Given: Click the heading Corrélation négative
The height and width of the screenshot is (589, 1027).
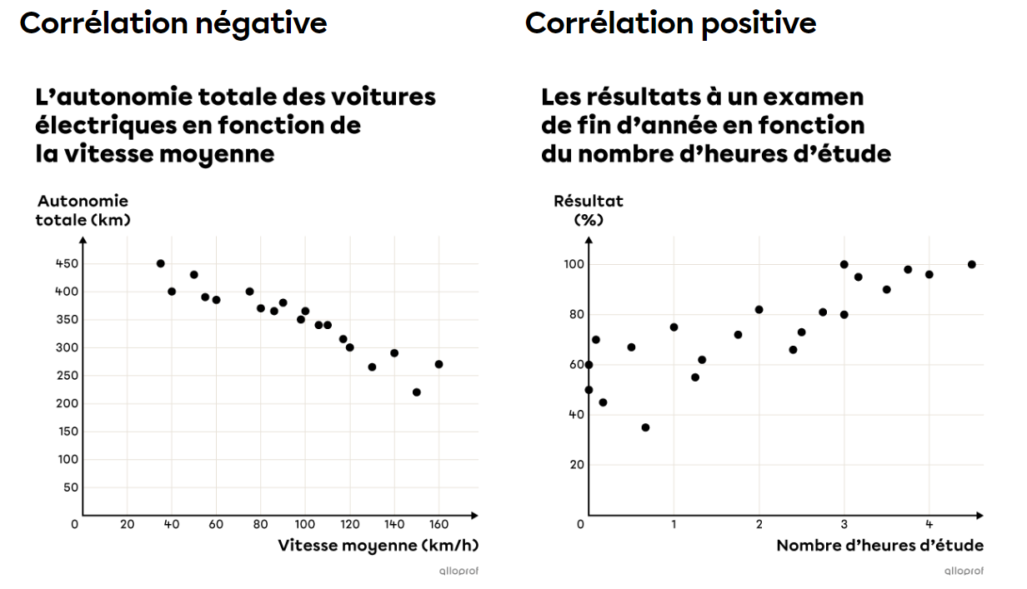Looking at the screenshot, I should point(173,23).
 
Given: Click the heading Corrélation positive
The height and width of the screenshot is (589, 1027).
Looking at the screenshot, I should point(670,23).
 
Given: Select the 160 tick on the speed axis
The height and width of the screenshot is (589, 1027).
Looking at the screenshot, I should point(438,524).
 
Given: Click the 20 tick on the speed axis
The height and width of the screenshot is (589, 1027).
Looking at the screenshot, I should point(127,524).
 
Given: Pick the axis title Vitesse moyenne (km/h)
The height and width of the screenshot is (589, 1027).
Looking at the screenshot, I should point(378,546).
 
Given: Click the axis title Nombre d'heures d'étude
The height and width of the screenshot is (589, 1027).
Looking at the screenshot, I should point(879,546).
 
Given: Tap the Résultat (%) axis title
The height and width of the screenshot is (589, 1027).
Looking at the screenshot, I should point(589,210).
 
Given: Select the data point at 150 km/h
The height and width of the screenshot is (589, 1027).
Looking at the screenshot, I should point(417,392).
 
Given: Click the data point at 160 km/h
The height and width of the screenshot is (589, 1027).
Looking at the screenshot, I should point(438,364).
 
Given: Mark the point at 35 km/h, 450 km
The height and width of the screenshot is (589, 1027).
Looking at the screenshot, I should point(161,263).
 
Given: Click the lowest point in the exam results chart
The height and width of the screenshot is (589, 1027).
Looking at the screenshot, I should point(645,427).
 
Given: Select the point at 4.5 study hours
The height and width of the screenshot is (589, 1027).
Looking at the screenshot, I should point(971,264).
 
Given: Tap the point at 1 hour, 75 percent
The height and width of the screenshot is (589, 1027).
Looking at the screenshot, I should point(674,327).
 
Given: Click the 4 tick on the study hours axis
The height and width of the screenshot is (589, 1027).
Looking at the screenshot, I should point(929,524).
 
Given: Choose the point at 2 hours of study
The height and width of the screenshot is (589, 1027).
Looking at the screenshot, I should point(759,309).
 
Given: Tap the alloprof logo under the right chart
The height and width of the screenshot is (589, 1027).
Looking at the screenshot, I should point(964,571).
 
